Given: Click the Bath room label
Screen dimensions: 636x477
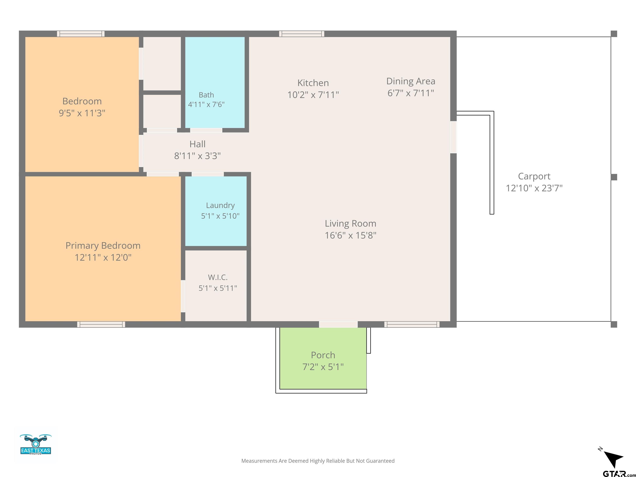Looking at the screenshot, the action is point(206,95).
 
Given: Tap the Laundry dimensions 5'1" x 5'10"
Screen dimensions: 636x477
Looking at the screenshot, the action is point(220,216).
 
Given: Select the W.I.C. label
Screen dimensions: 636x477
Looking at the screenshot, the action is point(218,277).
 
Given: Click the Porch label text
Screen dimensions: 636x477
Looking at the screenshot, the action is point(323,355).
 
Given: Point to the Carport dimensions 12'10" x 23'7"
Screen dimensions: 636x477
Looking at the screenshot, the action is point(534,188).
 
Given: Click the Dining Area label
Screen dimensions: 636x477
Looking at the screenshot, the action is point(411,81).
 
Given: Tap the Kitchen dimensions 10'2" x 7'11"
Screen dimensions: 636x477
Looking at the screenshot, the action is point(313,95).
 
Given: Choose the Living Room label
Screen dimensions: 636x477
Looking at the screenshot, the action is point(351,223).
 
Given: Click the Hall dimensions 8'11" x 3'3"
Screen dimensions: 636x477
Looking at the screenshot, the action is point(197,156).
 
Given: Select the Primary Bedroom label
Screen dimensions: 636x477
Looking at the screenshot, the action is point(103,246).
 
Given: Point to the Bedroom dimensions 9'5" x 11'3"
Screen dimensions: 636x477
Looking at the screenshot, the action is point(82,113).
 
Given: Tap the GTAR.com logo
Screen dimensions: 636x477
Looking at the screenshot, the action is point(619,473).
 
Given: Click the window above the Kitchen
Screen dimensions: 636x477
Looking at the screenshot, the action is point(302,34).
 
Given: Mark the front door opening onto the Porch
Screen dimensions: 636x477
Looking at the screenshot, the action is point(338,324).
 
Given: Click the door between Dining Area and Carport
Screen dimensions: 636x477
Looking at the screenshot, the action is point(453,137).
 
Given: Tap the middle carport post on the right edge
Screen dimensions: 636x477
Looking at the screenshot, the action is point(614,177).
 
